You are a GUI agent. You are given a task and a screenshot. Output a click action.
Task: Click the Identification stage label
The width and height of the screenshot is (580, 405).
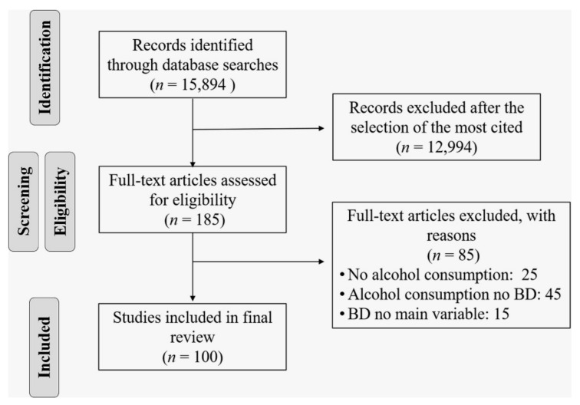(x=44, y=67)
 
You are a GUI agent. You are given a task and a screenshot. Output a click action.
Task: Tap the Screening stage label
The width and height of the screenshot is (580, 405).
(x=24, y=201)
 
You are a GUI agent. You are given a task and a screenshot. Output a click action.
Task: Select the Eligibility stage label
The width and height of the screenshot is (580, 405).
(x=61, y=201)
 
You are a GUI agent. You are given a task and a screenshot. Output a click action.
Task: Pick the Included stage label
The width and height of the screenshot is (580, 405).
(x=44, y=347)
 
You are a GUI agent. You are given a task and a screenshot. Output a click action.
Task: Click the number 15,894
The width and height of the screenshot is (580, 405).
(x=203, y=84)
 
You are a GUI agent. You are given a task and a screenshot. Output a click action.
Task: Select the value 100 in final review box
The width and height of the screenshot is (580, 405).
(x=205, y=357)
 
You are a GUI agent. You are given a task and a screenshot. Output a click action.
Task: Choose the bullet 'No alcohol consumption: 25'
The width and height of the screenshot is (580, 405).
(x=438, y=275)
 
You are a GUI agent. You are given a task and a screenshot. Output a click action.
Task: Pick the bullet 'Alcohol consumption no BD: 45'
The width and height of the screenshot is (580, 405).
(x=450, y=295)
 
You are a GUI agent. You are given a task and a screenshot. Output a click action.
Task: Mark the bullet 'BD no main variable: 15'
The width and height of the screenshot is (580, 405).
(x=424, y=314)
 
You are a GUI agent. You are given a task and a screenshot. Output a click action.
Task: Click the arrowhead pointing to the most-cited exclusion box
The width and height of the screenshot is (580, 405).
(x=321, y=128)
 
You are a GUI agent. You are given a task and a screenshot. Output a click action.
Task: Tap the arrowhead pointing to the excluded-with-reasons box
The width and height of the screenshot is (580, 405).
(x=321, y=262)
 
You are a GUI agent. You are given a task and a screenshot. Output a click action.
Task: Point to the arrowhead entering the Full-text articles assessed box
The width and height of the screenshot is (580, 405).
(x=193, y=164)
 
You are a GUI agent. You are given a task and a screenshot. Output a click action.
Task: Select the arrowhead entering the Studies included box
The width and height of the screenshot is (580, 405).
(x=193, y=298)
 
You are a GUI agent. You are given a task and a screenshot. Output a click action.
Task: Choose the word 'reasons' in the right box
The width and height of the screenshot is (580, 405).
(x=451, y=236)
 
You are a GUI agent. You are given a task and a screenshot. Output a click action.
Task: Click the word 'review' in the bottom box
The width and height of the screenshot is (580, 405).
(x=193, y=337)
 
